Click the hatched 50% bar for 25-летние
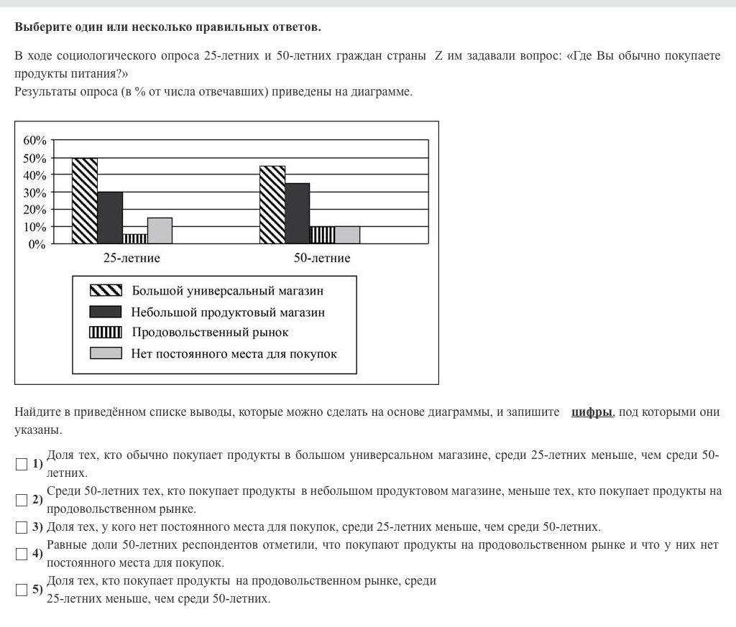point(85,201)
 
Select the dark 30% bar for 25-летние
point(110,218)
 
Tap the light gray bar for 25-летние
point(160,231)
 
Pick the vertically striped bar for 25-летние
point(134,239)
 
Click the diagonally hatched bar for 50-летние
point(272,205)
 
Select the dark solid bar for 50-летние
point(298,214)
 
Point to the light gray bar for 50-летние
point(347,236)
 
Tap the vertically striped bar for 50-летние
point(322,236)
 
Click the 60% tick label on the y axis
point(34,141)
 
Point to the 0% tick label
point(37,244)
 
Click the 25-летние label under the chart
point(132,258)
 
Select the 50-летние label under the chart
point(322,258)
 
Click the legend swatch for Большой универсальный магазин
point(105,291)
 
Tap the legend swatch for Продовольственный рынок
point(105,333)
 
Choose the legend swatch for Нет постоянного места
point(105,353)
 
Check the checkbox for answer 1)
point(22,464)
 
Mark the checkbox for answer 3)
point(22,527)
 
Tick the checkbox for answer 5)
point(22,590)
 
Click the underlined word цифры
point(592,412)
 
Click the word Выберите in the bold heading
point(42,28)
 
